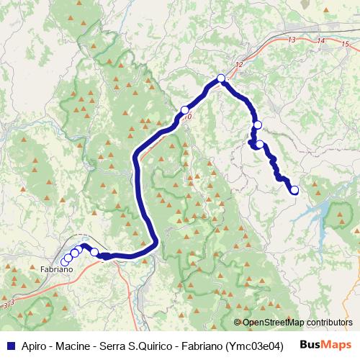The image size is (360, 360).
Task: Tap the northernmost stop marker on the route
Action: [x=221, y=78]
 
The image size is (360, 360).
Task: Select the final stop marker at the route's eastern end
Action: [x=294, y=190]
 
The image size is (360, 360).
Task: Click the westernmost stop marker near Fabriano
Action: [x=66, y=260]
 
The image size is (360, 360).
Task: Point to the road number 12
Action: [x=239, y=66]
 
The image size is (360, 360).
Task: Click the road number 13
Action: [x=291, y=40]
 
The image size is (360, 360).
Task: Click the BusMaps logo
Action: [x=325, y=344]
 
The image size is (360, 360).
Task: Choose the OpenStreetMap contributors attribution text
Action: [x=297, y=323]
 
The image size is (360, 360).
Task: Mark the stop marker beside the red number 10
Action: [x=184, y=110]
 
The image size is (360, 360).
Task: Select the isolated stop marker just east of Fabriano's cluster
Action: [x=94, y=252]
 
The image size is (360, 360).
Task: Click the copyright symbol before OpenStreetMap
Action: [x=237, y=323]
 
